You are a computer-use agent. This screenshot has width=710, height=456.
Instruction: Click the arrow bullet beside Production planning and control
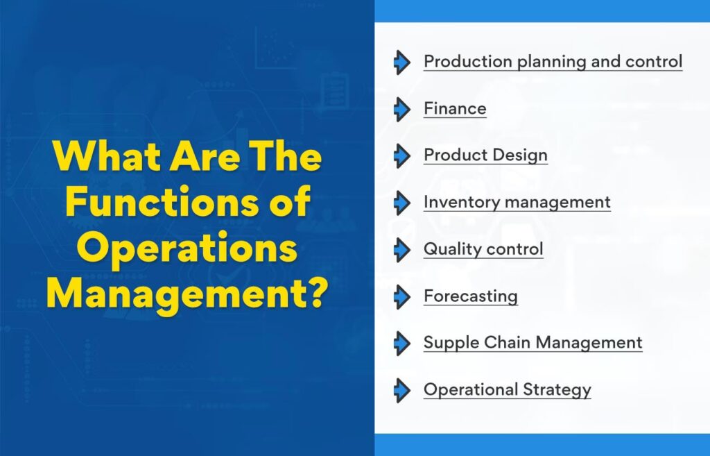tap(402, 62)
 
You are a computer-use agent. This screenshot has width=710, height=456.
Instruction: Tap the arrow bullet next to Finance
tap(402, 109)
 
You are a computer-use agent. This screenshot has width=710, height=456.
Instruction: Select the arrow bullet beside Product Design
tap(402, 156)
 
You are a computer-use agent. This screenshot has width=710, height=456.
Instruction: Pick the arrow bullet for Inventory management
tap(402, 203)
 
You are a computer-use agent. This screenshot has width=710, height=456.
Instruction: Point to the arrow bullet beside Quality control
tap(402, 250)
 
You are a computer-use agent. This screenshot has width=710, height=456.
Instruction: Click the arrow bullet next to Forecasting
tap(402, 297)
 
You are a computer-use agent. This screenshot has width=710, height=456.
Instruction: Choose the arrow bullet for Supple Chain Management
tap(402, 343)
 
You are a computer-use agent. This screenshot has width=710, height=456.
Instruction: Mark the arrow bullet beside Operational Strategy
tap(402, 390)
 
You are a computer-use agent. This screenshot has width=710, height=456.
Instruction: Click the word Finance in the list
tap(455, 109)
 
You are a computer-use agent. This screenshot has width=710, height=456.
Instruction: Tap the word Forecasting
tap(471, 297)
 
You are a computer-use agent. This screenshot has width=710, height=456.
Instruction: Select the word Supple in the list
tap(451, 343)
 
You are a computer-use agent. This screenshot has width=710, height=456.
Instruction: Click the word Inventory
tap(462, 203)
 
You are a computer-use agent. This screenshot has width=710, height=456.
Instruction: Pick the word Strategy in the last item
tap(557, 390)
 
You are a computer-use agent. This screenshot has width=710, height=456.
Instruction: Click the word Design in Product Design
tap(520, 155)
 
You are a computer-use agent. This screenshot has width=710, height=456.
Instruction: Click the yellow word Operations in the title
tap(187, 249)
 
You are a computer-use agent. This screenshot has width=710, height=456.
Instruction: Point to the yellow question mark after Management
tap(313, 292)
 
